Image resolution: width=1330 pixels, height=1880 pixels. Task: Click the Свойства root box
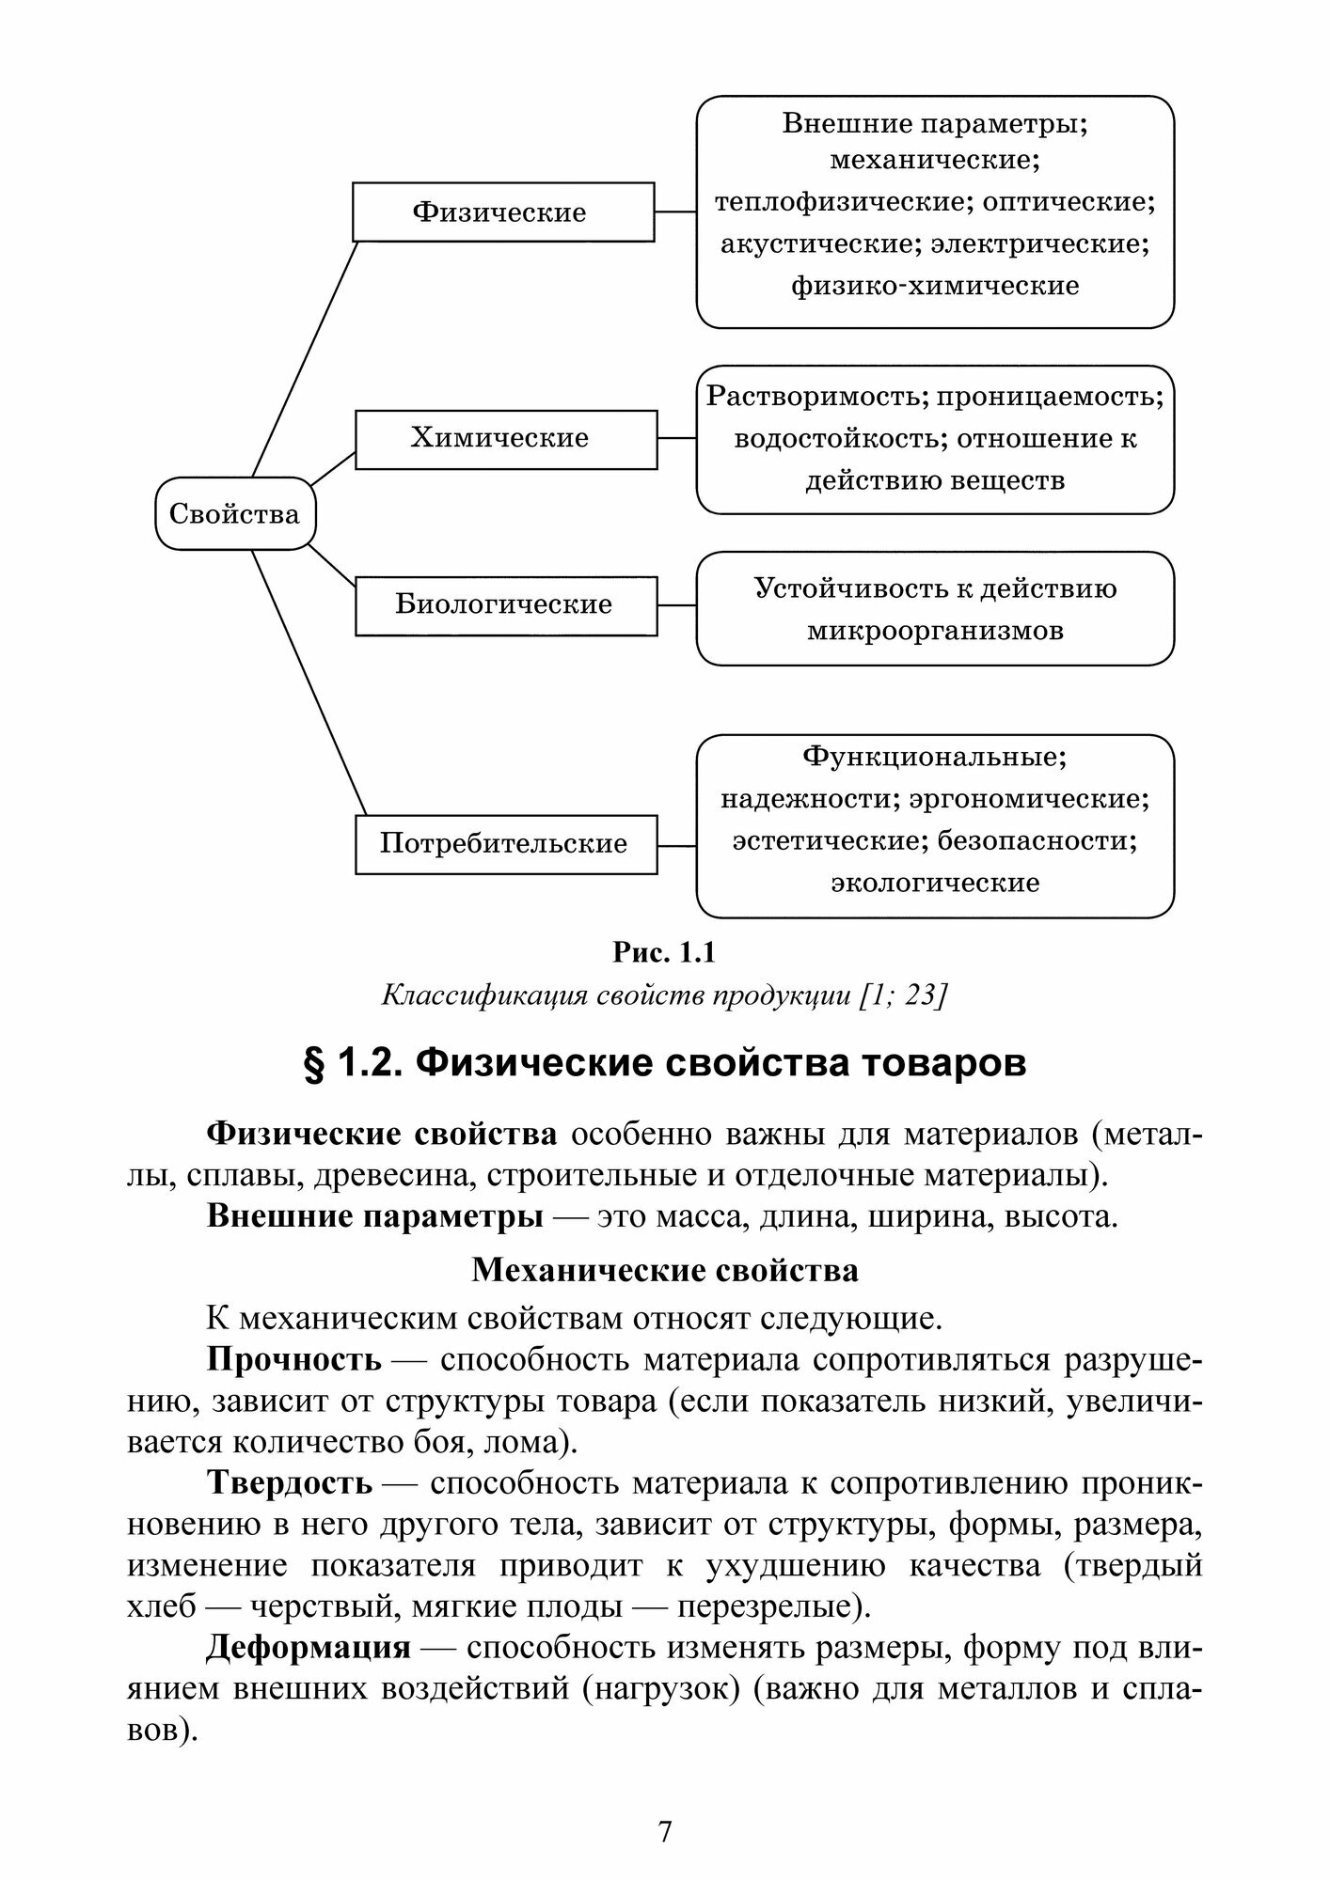(235, 513)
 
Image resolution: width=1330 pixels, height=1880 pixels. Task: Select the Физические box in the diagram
(502, 211)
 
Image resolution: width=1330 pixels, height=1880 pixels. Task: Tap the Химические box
(505, 438)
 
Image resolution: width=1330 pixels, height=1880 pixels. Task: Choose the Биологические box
(505, 604)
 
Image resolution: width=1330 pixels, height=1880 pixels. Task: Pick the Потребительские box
(505, 844)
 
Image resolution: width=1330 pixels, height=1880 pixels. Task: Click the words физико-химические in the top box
(935, 286)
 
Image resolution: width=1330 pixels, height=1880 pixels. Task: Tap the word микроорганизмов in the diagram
(935, 630)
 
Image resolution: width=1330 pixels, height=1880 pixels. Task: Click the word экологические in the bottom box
(935, 883)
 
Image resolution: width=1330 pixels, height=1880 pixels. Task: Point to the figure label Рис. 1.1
(664, 953)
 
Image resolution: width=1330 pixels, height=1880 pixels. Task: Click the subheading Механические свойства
(664, 1271)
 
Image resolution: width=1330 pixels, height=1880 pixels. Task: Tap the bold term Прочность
(293, 1359)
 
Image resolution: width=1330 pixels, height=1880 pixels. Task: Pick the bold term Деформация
(309, 1648)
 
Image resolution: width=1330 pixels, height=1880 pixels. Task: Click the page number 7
(665, 1832)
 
